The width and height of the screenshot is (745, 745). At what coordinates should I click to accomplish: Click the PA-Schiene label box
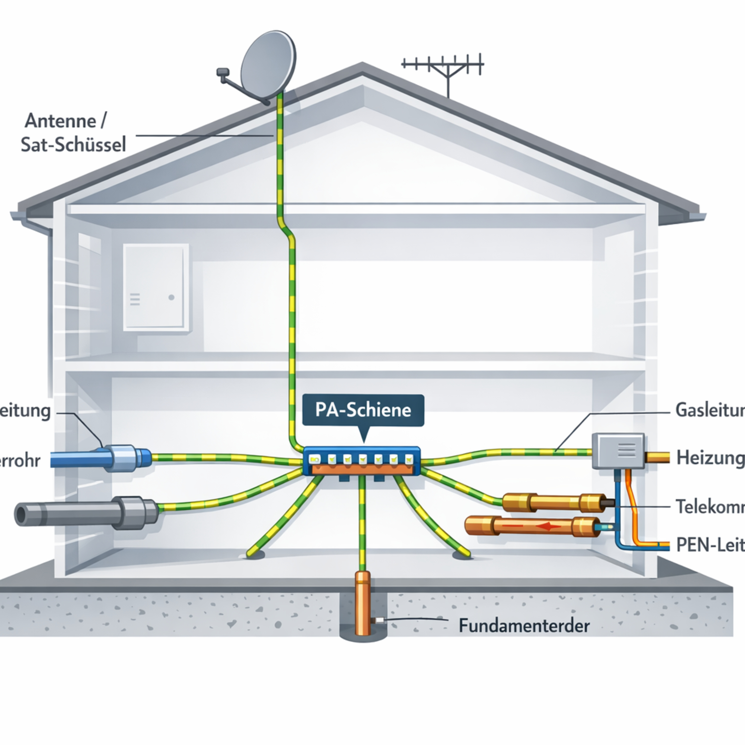coord(363,410)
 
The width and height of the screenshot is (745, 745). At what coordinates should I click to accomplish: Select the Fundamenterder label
coord(524,626)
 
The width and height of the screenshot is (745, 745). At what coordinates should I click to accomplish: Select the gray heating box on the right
coord(618,450)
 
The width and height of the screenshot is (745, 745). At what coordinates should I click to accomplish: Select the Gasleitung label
coord(709,410)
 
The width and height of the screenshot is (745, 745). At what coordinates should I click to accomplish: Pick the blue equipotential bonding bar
coord(362,461)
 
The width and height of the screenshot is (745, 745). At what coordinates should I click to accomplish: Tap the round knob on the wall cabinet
coord(172,297)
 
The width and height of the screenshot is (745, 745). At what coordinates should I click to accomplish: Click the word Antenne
coord(61,121)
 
